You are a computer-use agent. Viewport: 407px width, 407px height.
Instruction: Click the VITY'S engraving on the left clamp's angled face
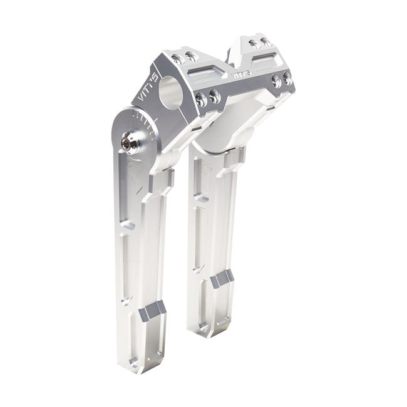146,93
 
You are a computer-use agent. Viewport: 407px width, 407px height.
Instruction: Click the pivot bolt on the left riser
129,143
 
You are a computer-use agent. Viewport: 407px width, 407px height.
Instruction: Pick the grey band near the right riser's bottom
222,278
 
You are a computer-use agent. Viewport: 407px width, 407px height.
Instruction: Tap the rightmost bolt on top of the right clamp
267,43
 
